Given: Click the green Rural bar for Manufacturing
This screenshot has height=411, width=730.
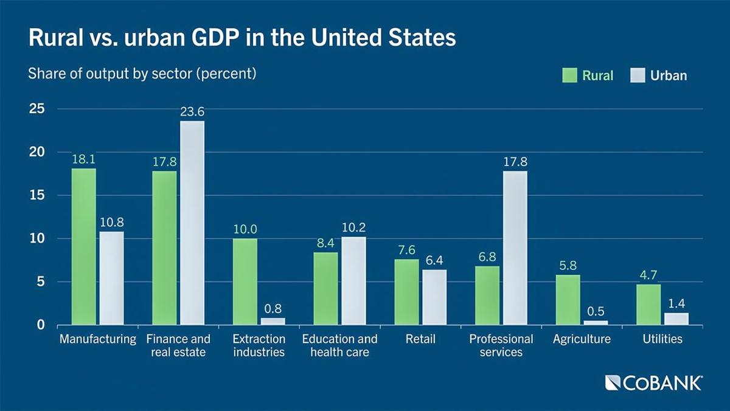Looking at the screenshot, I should (x=83, y=246).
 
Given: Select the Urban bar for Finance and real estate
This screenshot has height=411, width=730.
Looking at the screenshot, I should (x=192, y=223).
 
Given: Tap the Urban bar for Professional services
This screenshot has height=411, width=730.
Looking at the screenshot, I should (x=515, y=247).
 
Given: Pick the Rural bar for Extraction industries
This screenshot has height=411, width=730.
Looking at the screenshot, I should (x=245, y=281).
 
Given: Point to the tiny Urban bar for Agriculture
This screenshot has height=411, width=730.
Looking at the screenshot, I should (x=596, y=322).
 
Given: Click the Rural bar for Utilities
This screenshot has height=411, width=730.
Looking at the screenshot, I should (x=649, y=304).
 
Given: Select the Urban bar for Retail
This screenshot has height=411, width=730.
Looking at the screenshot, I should (x=434, y=297).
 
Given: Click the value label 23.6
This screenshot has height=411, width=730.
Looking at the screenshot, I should (x=192, y=112).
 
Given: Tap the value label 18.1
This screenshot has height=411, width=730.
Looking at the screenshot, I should (x=83, y=159).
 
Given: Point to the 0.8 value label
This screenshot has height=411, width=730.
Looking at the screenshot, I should (x=273, y=308).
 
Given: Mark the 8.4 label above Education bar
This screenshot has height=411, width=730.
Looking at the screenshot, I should (x=325, y=243).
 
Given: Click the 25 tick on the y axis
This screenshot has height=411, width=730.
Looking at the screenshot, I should (x=37, y=109).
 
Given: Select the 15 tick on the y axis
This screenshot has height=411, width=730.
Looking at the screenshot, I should (x=37, y=195).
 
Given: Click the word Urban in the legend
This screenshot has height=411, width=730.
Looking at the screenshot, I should (x=668, y=75).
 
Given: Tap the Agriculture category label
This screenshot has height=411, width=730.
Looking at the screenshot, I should (x=582, y=339).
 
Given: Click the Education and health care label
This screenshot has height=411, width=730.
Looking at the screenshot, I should (x=339, y=345).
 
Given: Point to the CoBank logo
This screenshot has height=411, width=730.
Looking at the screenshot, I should (x=654, y=382).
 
